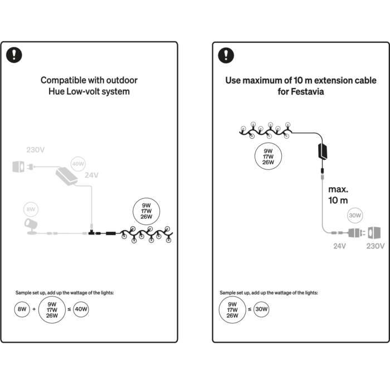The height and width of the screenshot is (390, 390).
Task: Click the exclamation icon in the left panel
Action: click(14, 55)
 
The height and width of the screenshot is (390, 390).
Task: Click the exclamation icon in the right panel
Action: click(226, 55)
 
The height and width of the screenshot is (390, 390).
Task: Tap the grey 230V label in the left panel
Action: click(36, 150)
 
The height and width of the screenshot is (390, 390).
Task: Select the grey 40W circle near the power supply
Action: click(78, 164)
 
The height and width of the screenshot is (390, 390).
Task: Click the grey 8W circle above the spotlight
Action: click(31, 209)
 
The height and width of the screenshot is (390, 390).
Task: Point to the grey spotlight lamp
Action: click(31, 226)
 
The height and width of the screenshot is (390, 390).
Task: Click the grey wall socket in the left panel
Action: click(18, 167)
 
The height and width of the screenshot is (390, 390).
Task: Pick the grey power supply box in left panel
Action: click(66, 177)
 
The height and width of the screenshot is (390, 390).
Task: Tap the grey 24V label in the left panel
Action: click(91, 175)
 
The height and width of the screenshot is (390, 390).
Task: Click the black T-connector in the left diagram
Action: click(92, 232)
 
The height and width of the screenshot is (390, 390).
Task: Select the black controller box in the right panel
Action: click(323, 151)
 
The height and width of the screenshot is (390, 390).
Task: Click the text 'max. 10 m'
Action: click(338, 195)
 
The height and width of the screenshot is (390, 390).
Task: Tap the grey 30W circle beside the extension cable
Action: click(355, 216)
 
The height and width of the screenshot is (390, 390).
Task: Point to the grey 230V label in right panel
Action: click(376, 246)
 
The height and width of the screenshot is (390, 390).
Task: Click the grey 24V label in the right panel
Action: click(339, 246)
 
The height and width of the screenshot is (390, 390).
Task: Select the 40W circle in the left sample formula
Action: click(81, 309)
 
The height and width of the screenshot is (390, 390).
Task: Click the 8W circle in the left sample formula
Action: click(22, 309)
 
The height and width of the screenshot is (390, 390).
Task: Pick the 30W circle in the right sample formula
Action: click(261, 309)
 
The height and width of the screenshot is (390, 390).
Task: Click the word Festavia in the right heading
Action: click(308, 91)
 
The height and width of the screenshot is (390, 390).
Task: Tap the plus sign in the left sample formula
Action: click(34, 309)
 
